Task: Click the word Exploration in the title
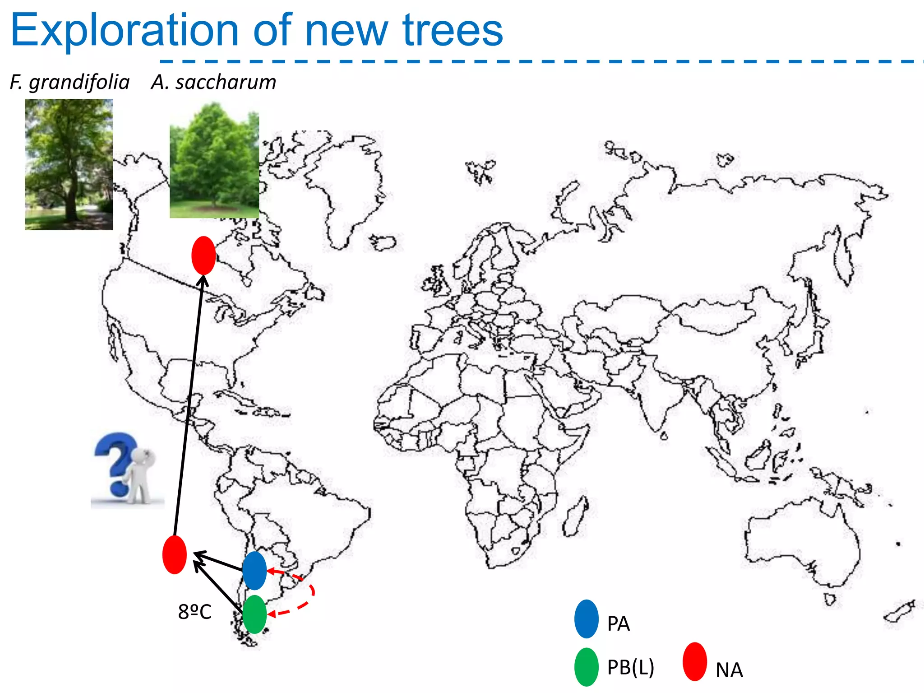124,31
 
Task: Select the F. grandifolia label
70,83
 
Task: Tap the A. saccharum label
213,83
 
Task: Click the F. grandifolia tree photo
69,164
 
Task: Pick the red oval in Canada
203,255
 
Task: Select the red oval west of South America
175,554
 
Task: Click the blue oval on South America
254,570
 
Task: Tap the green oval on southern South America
254,614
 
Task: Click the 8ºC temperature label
194,612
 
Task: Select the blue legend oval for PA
586,619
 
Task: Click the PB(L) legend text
630,667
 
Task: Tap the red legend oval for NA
694,661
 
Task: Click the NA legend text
729,670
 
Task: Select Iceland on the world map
383,243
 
